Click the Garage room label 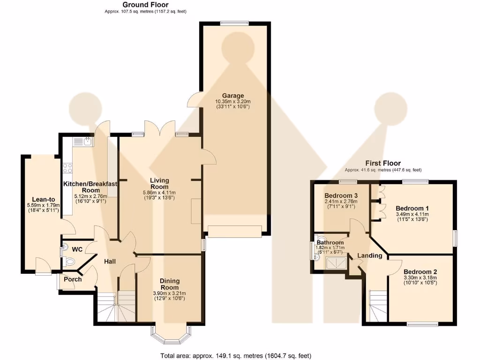pos(232,96)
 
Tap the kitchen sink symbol pos(86,140)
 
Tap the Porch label pos(73,279)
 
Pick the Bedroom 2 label pos(420,272)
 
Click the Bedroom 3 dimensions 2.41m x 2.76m pos(341,202)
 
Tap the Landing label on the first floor pos(369,256)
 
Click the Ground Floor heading pos(145,5)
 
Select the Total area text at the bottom pos(235,355)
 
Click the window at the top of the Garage pos(235,22)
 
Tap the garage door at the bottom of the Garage pos(235,232)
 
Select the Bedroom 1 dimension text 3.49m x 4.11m pos(412,214)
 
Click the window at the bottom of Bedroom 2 pos(420,323)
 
